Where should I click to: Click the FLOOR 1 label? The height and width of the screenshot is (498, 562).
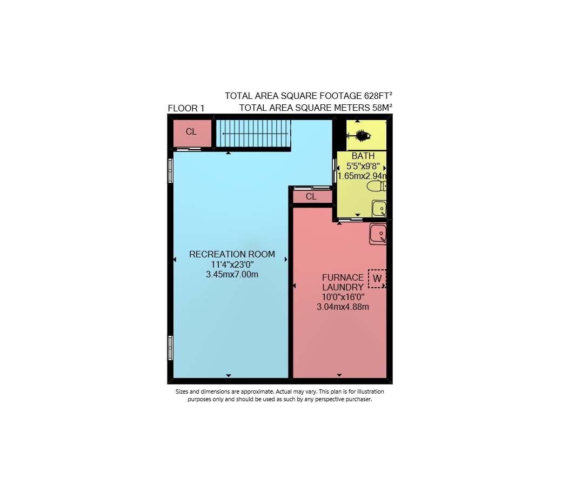click(x=186, y=108)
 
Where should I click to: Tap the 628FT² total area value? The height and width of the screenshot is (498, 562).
click(x=378, y=96)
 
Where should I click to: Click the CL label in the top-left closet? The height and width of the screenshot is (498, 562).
click(x=191, y=132)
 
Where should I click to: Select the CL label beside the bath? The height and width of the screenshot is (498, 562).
click(x=311, y=196)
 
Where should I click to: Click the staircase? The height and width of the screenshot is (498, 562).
click(x=253, y=134)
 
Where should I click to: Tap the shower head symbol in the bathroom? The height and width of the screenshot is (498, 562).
click(x=360, y=136)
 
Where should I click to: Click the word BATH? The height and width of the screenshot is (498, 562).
click(x=363, y=156)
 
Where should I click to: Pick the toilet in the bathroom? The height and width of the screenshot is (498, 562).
click(x=376, y=186)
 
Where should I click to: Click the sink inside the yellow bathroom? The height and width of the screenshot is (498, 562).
click(x=379, y=208)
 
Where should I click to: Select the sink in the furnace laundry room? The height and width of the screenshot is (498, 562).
click(x=378, y=234)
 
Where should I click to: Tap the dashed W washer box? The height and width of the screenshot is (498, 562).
click(x=377, y=278)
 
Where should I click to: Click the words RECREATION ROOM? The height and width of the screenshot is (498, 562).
click(x=232, y=254)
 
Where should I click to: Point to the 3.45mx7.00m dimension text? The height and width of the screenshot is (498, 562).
click(x=232, y=275)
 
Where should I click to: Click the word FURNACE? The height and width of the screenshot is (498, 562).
click(x=343, y=277)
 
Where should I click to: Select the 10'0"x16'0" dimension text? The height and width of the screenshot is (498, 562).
click(x=343, y=297)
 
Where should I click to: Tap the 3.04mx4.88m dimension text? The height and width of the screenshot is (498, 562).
click(x=343, y=307)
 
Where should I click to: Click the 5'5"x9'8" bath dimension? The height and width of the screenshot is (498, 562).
click(x=363, y=166)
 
